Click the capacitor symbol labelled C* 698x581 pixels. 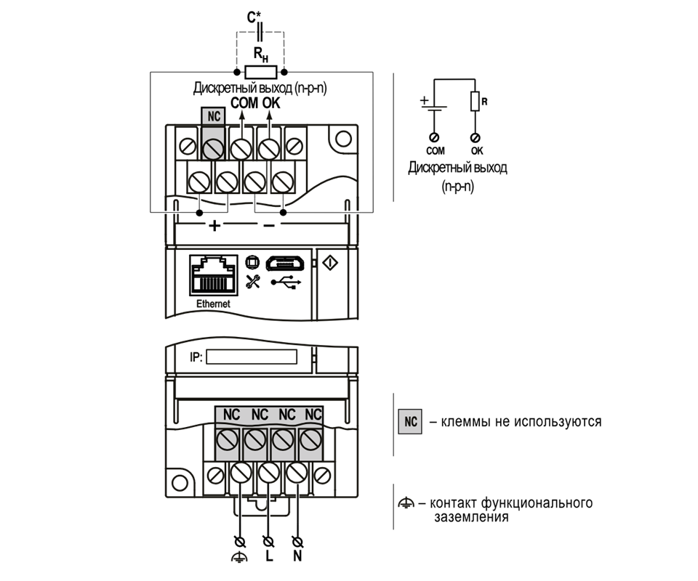tap(260, 32)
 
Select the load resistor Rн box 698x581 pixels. tap(260, 71)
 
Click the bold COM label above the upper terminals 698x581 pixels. tap(244, 103)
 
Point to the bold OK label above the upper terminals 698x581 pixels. tap(270, 103)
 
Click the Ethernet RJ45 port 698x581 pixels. tap(212, 275)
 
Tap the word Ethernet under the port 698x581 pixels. tap(212, 304)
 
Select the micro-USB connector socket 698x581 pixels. tap(284, 262)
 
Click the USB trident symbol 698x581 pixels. tap(284, 283)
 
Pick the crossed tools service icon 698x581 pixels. tap(252, 282)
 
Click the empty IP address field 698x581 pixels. tap(252, 358)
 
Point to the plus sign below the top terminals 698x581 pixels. tap(214, 226)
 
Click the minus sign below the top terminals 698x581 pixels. tap(269, 226)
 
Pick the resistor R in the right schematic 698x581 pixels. tap(475, 101)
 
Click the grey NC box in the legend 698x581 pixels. tap(410, 421)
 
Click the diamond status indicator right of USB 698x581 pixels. tap(328, 262)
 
